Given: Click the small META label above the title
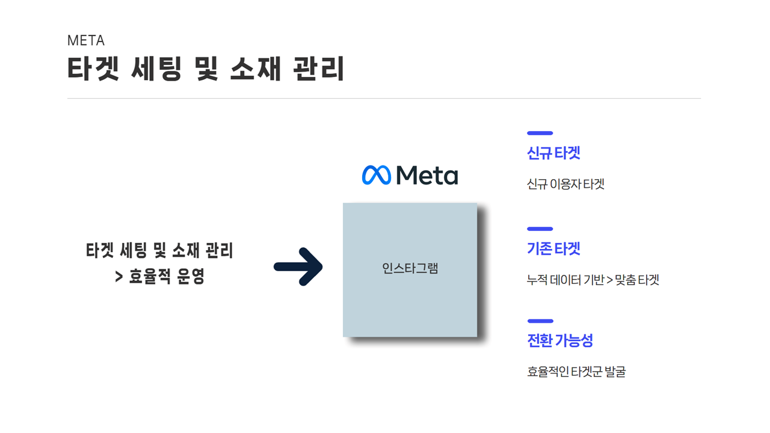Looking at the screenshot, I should click(86, 41).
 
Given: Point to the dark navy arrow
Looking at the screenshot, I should click(299, 266).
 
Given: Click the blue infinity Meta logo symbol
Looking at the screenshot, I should click(377, 175).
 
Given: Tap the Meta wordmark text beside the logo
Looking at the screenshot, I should click(427, 175).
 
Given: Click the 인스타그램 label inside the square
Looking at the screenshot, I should click(410, 269).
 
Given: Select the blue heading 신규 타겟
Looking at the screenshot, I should click(553, 153).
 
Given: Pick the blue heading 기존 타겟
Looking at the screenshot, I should click(553, 248).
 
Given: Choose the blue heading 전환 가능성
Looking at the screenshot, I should click(560, 340).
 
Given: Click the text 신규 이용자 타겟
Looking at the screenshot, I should click(565, 184).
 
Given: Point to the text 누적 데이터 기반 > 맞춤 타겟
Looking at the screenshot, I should click(593, 280).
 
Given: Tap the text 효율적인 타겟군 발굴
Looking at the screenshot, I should click(576, 372).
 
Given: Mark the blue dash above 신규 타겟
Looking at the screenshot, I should click(540, 133).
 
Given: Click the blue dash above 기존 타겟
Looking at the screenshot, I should click(540, 229).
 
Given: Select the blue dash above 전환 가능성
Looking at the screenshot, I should click(540, 321).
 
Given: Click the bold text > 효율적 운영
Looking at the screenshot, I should click(160, 277).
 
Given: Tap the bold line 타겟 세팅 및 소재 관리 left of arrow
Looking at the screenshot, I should click(159, 250).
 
